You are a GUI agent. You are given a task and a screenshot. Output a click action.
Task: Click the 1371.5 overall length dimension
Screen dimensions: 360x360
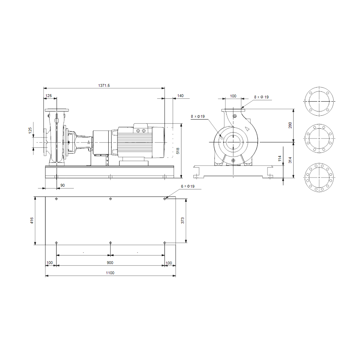(104, 85)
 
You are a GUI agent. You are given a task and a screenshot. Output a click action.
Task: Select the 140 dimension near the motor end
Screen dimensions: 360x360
(180, 96)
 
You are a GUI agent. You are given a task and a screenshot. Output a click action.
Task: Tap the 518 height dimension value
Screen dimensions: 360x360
(178, 151)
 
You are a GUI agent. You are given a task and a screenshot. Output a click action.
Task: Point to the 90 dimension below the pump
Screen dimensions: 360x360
(63, 185)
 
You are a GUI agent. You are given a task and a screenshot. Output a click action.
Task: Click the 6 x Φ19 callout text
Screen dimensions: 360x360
(188, 186)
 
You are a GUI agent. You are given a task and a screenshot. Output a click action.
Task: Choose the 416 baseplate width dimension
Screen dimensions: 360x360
(32, 221)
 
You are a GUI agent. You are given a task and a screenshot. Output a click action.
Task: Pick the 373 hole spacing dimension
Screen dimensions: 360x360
(182, 221)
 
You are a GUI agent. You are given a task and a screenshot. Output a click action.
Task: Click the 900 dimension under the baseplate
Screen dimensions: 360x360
(110, 263)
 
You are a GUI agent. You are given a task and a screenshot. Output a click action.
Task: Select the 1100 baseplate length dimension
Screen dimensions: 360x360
(110, 273)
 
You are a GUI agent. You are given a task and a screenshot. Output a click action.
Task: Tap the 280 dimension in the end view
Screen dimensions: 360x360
(290, 126)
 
